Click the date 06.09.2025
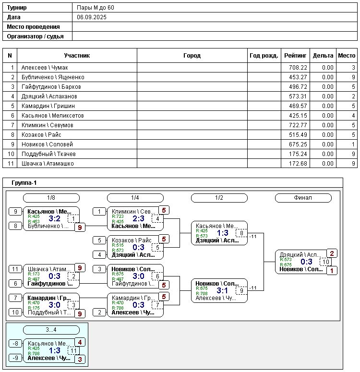pos(92,17)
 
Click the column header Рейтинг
pos(295,56)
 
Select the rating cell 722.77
pos(295,125)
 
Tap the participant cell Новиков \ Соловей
pos(47,144)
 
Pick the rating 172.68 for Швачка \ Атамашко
pos(295,164)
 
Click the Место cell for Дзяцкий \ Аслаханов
pos(347,96)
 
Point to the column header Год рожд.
pos(264,56)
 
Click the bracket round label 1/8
pos(51,198)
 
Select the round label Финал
pos(303,198)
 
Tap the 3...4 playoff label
pos(51,330)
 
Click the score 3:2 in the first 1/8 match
pos(54,219)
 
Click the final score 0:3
pos(306,262)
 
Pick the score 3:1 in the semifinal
pos(222,290)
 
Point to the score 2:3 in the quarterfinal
pos(138,218)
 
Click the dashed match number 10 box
pos(326,262)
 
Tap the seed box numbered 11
pos(15,269)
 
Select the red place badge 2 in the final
pos(332,253)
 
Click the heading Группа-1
pos(24,183)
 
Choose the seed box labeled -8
pos(15,343)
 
